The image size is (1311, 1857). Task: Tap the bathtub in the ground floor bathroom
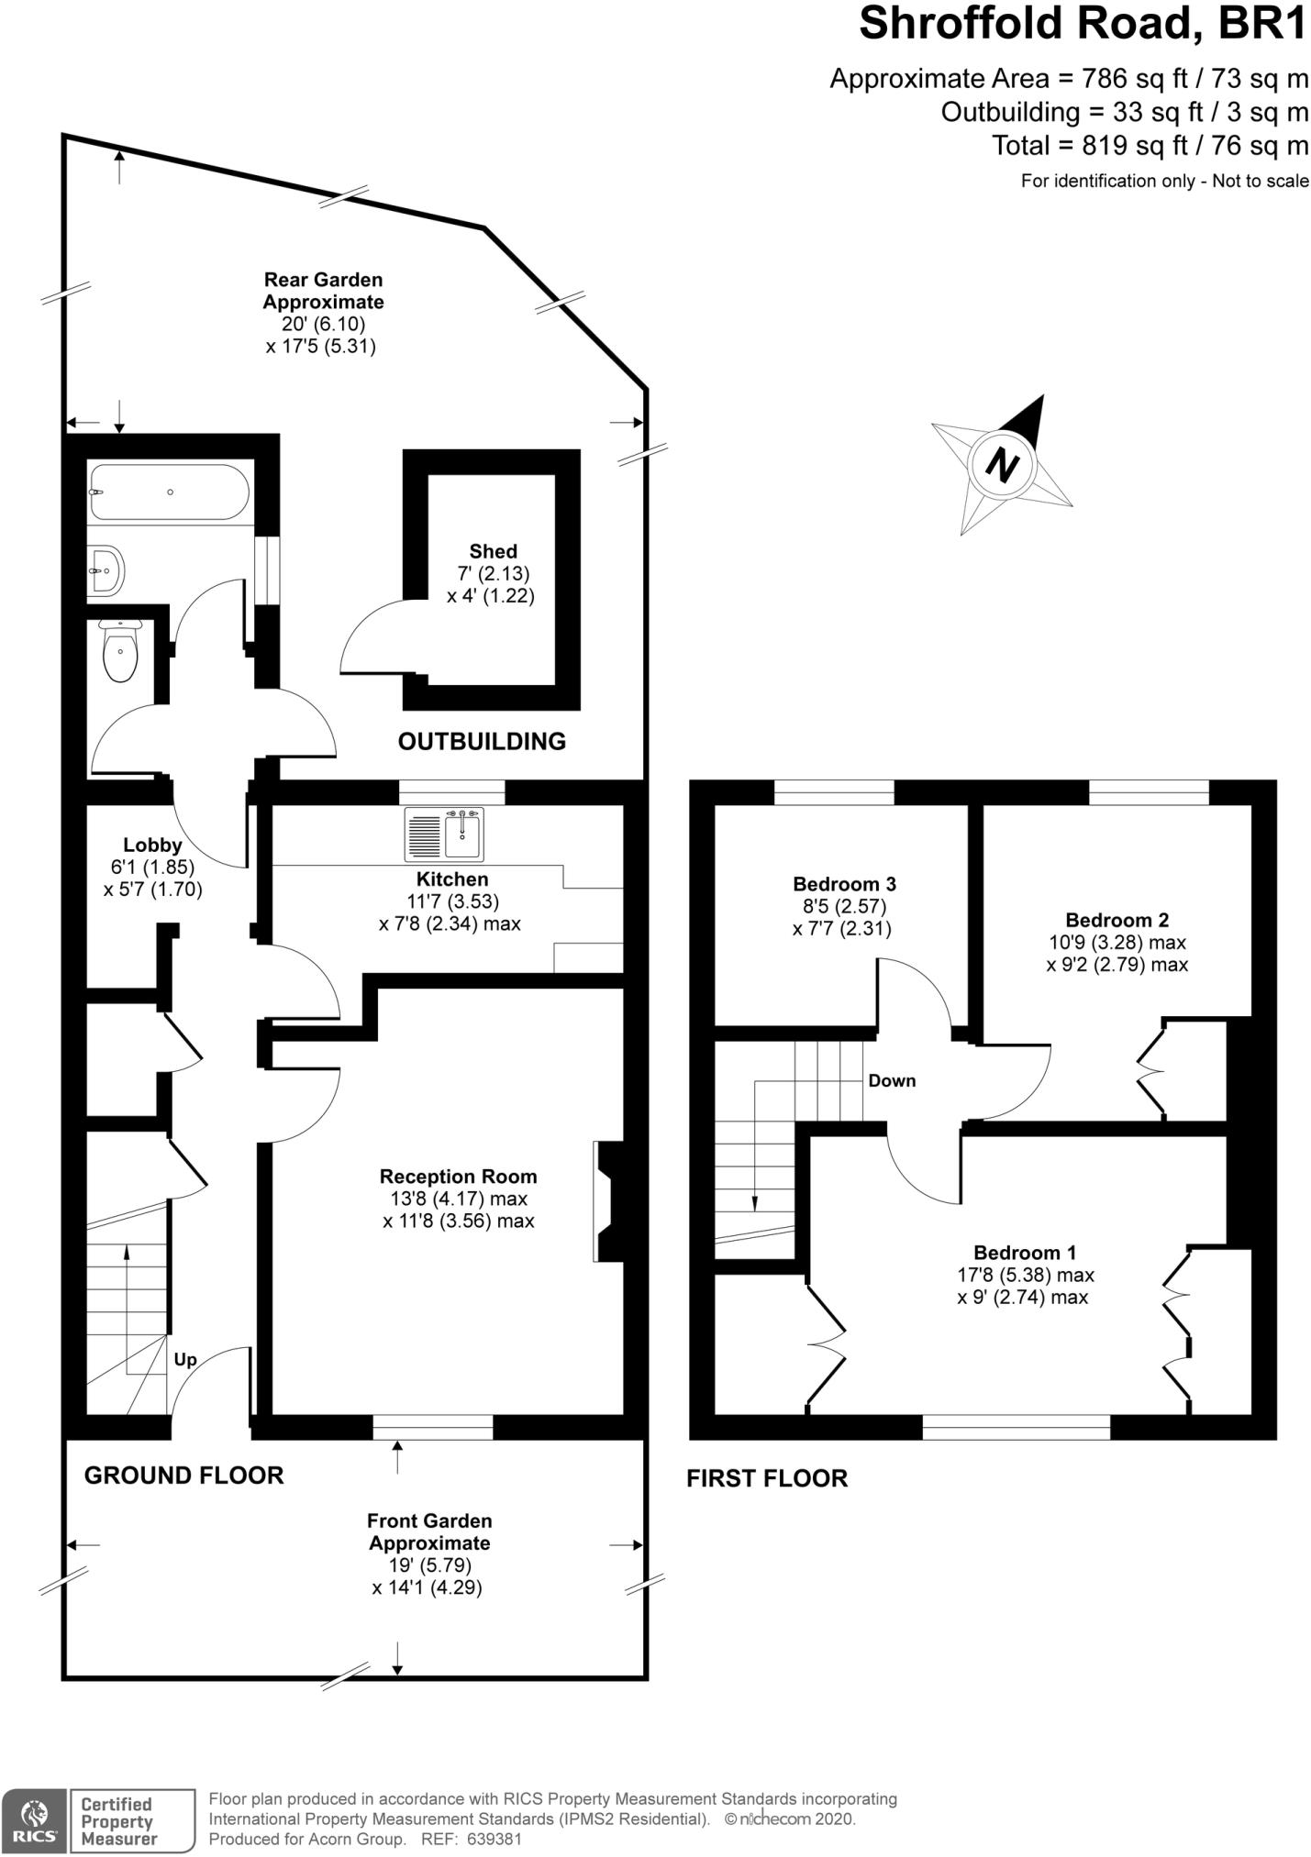pos(169,492)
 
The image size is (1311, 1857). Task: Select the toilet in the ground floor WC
pos(120,651)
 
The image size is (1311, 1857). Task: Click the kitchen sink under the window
pos(444,835)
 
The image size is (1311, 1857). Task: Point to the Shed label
pos(493,551)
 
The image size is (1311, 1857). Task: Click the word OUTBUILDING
pos(482,741)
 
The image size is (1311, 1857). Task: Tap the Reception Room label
pos(458,1176)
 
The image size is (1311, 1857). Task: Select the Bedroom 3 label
pos(844,884)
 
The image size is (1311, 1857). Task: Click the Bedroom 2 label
pos(1117,920)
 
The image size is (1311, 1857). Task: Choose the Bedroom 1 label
pos(1025,1252)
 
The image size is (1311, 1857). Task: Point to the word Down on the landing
pos(892,1080)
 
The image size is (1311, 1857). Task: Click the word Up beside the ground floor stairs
pos(185,1359)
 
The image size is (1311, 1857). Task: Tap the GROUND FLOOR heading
pos(183,1476)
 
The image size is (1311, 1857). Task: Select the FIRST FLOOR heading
pos(767,1478)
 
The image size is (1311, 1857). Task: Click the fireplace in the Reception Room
pos(606,1200)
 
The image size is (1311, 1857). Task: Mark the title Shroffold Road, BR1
pos(1083,24)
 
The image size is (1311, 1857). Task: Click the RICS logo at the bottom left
pos(34,1820)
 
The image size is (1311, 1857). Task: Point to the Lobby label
pos(152,845)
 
